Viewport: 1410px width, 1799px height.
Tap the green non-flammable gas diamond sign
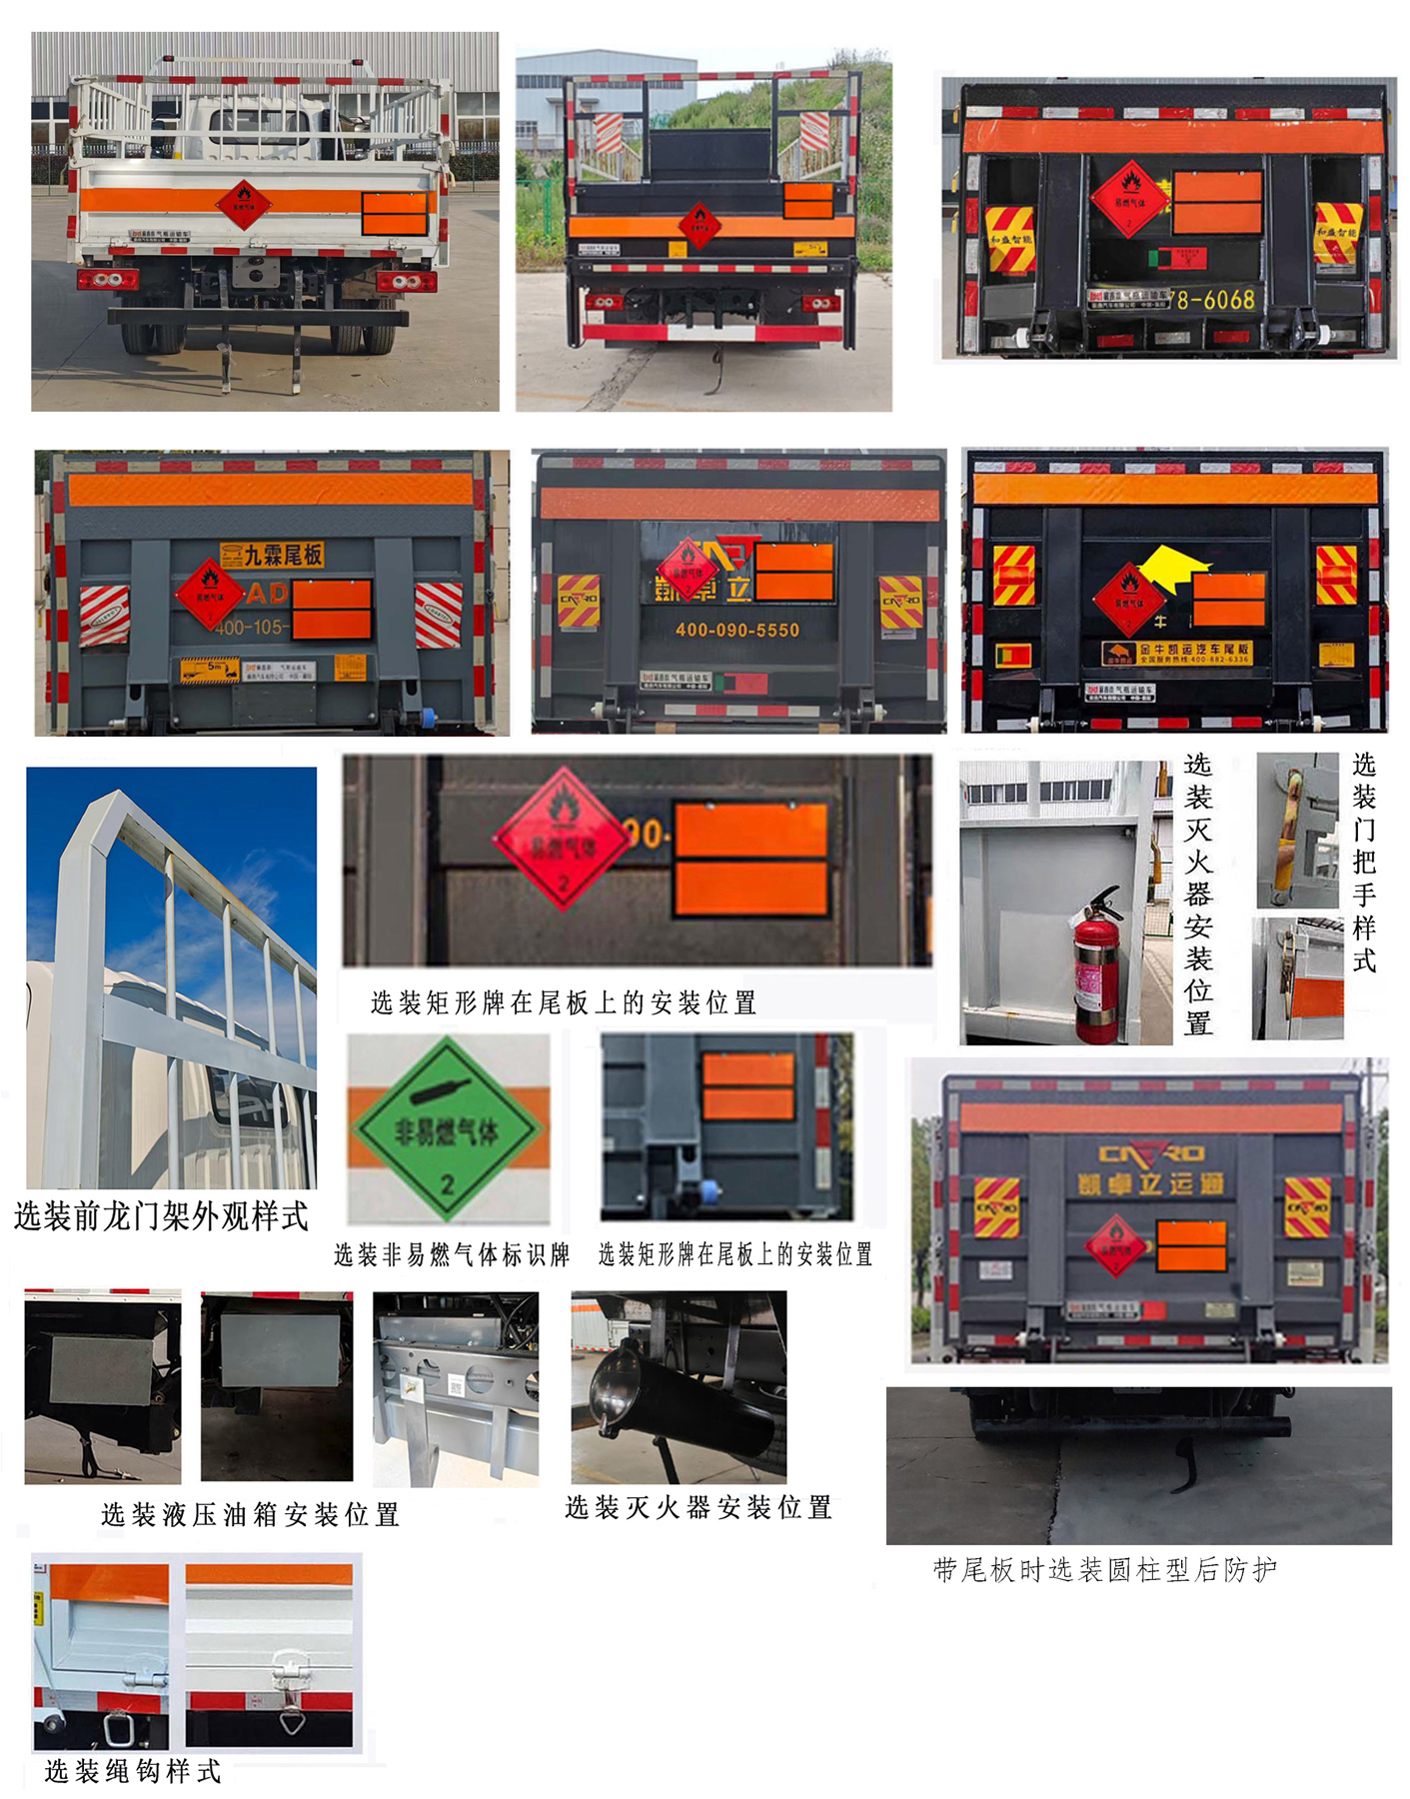tap(447, 1129)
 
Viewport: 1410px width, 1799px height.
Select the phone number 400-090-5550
tap(737, 630)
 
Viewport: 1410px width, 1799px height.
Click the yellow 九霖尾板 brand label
tap(273, 555)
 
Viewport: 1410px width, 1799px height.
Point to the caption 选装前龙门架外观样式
tap(161, 1216)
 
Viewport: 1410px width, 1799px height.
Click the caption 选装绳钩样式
tap(132, 1771)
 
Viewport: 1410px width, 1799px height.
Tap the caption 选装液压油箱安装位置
tap(250, 1514)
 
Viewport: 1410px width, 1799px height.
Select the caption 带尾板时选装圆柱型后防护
tap(1104, 1569)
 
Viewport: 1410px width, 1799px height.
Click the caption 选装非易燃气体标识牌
tap(451, 1254)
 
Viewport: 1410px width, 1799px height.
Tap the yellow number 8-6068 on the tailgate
tap(1215, 299)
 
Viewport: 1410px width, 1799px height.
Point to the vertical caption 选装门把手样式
tap(1363, 862)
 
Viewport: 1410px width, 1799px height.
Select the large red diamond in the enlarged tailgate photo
tap(562, 839)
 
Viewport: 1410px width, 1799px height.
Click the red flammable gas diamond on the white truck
tap(243, 205)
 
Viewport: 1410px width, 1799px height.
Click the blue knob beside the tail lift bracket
tap(711, 1189)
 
